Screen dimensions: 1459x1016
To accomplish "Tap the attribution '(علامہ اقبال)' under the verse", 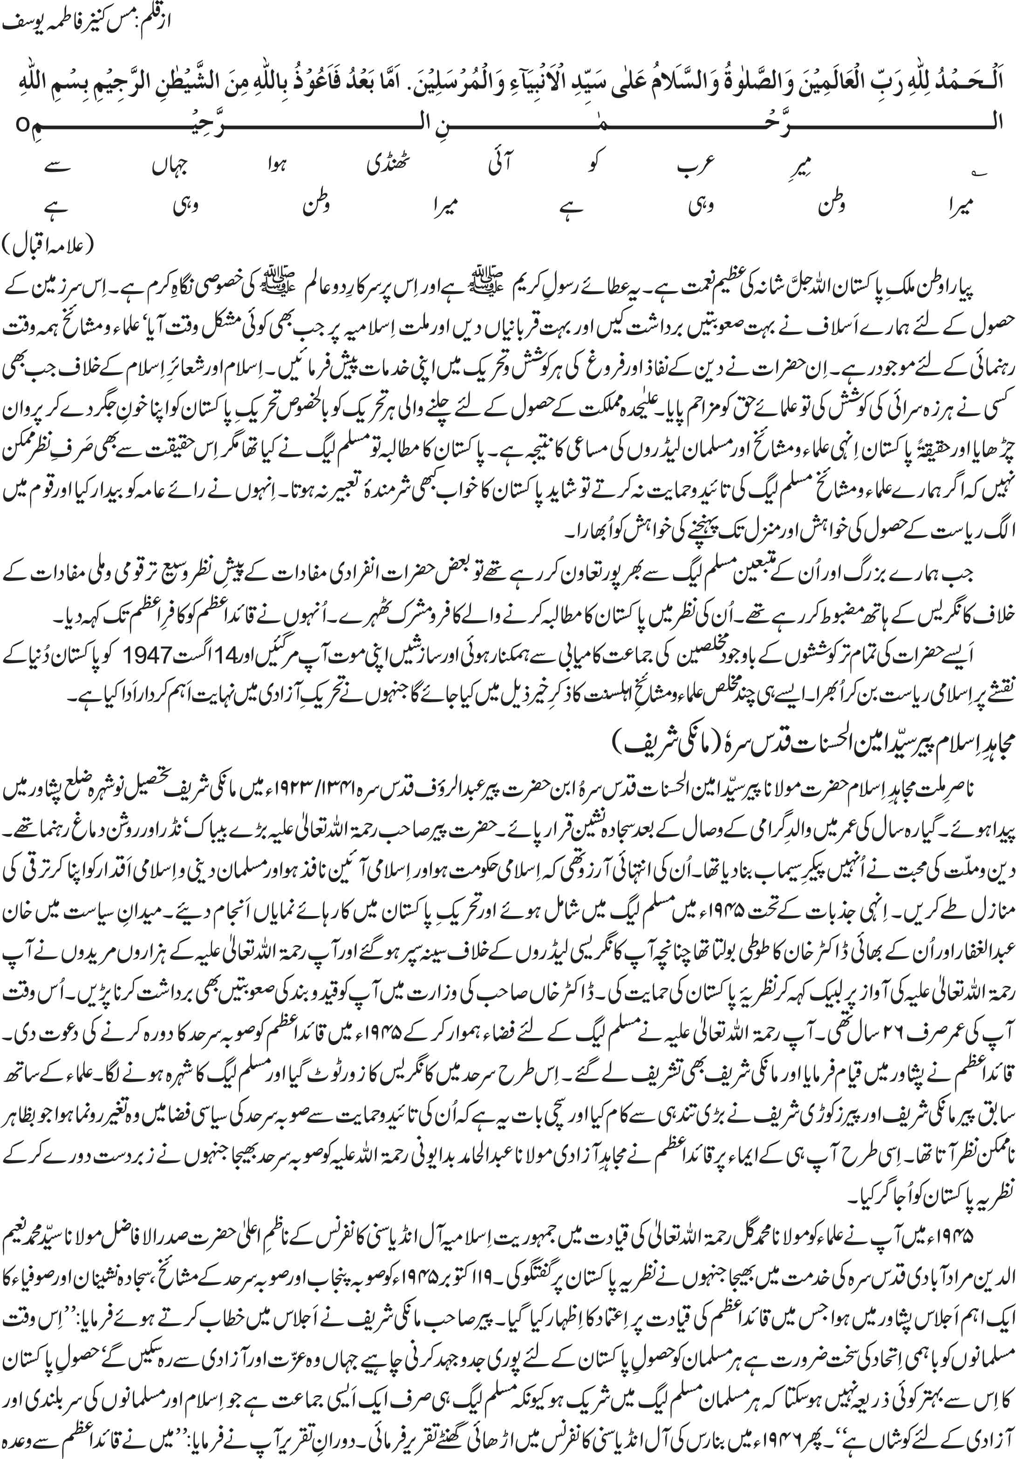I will [x=48, y=245].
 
